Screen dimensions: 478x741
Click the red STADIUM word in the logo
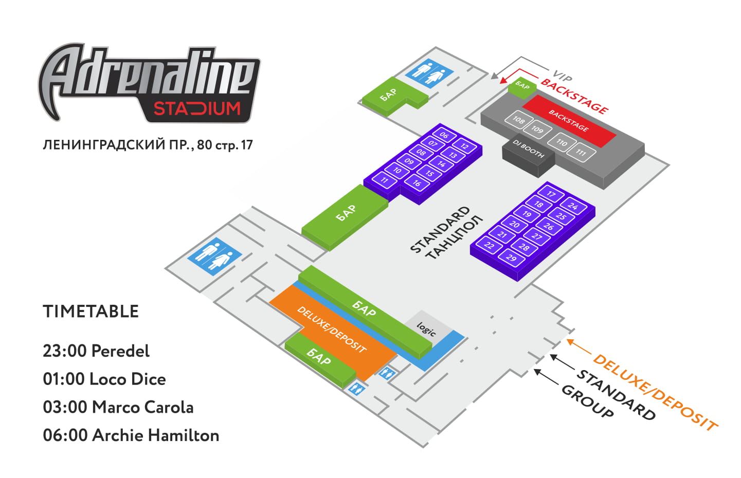click(197, 109)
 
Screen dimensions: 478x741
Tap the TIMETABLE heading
click(91, 311)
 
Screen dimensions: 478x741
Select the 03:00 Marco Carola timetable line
click(118, 407)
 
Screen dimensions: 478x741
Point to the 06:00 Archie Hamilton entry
click(131, 435)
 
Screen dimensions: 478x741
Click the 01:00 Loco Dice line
click(104, 379)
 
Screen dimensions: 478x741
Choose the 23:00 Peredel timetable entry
click(96, 351)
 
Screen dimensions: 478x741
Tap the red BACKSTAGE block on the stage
click(568, 120)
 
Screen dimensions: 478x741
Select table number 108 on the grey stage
click(518, 120)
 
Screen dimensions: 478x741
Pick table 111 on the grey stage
click(581, 152)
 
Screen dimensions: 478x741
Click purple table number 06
click(444, 136)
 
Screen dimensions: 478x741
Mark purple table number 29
click(511, 258)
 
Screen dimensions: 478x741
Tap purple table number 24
click(573, 207)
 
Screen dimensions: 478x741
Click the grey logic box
click(426, 328)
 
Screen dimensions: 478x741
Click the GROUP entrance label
click(587, 401)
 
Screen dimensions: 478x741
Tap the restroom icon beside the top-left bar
click(429, 72)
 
